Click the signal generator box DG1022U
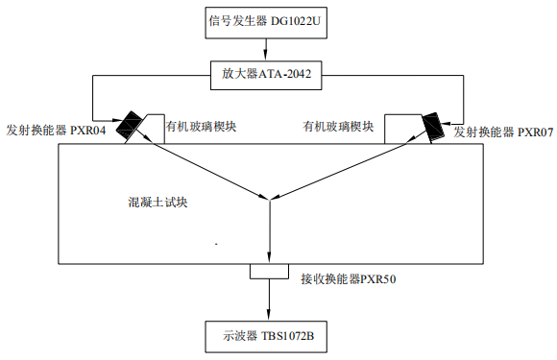(268, 20)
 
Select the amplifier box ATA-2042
(268, 72)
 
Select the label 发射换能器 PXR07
(503, 131)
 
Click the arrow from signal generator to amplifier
(268, 47)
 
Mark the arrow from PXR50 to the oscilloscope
(268, 302)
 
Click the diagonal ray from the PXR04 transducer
(202, 165)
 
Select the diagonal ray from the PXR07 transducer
(346, 165)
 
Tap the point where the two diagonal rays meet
(269, 198)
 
